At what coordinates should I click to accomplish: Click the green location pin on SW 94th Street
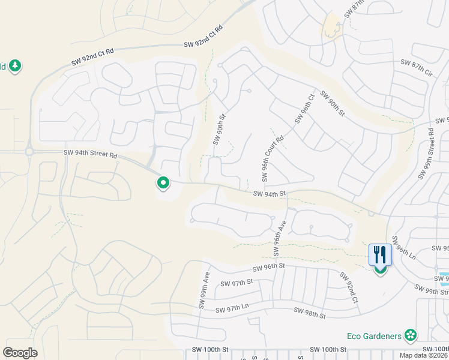tap(162, 181)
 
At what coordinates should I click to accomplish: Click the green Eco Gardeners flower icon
tap(411, 334)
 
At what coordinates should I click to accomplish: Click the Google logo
tap(20, 353)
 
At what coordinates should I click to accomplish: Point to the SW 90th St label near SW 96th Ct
tap(333, 103)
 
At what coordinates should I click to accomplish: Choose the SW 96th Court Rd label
tap(273, 158)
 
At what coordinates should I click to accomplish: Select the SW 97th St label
tap(238, 282)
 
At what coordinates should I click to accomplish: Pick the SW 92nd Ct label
tap(350, 287)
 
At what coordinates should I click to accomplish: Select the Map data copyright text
tap(423, 355)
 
